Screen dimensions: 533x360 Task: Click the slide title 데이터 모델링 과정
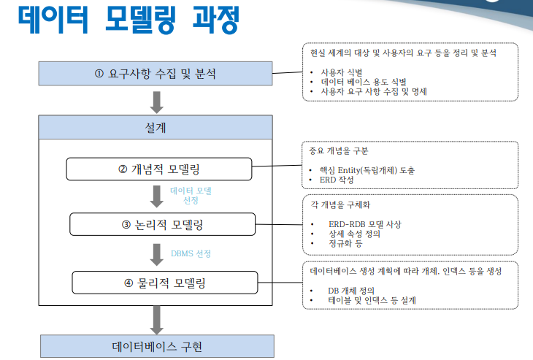pyautogui.click(x=129, y=20)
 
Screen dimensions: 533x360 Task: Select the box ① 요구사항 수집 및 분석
pyautogui.click(x=156, y=73)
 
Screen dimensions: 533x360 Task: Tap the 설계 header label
pyautogui.click(x=156, y=127)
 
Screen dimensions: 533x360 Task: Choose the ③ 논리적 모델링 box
pyautogui.click(x=163, y=225)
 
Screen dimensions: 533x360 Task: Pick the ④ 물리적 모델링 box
pyautogui.click(x=164, y=282)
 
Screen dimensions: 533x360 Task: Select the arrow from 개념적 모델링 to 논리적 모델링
pyautogui.click(x=156, y=196)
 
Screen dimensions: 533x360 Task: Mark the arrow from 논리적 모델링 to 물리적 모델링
pyautogui.click(x=156, y=253)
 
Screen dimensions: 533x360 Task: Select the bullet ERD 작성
pyautogui.click(x=340, y=180)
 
